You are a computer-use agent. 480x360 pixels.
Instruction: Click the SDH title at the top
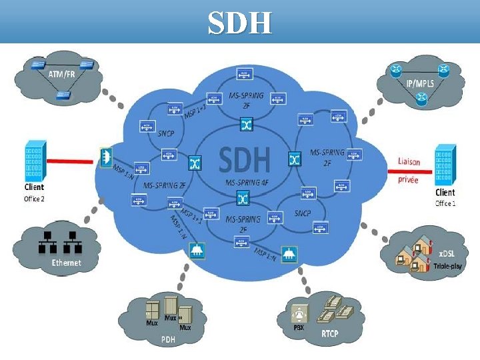click(x=239, y=23)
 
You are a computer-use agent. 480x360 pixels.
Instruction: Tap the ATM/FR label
click(x=62, y=74)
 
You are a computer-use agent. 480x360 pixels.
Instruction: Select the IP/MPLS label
click(x=420, y=83)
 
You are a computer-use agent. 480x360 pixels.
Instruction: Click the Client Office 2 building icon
click(x=34, y=159)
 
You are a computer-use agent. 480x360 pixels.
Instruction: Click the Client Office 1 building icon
click(x=445, y=163)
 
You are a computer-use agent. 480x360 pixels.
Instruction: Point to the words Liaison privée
click(x=409, y=170)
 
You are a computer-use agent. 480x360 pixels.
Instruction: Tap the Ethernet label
click(x=67, y=263)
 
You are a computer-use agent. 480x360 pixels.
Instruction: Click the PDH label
click(x=168, y=339)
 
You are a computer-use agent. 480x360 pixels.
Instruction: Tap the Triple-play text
click(x=448, y=265)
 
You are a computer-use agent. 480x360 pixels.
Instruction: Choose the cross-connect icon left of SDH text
click(x=195, y=162)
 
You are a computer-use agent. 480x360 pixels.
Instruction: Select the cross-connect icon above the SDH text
click(x=245, y=125)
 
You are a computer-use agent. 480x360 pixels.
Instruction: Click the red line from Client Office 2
click(x=69, y=161)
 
